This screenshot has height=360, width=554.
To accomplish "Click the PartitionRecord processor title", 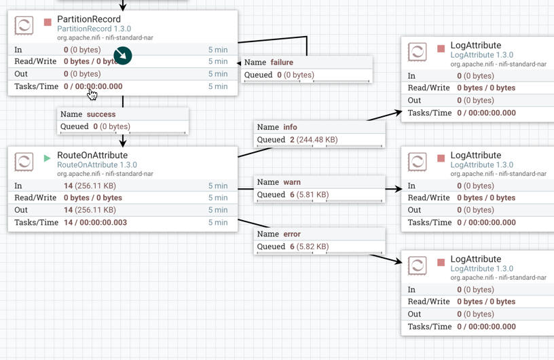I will [89, 19].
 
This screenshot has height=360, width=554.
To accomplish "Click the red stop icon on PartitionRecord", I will [48, 22].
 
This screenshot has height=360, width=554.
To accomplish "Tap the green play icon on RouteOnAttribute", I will [47, 158].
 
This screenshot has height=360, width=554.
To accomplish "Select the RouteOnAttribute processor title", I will [92, 155].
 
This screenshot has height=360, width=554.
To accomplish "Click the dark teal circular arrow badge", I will [123, 56].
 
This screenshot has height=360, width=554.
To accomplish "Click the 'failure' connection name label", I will [282, 62].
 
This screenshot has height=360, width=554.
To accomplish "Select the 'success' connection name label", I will [101, 114].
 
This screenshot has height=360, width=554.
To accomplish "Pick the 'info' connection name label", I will [290, 127].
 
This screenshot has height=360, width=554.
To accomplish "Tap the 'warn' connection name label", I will [292, 182].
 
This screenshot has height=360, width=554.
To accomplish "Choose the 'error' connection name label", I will [292, 234].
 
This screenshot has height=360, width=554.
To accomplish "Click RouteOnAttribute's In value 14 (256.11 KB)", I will [90, 185].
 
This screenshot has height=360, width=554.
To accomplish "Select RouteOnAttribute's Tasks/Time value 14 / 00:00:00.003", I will [95, 222].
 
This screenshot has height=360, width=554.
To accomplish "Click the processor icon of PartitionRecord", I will [24, 26].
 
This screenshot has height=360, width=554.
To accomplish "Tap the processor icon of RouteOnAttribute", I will [24, 162].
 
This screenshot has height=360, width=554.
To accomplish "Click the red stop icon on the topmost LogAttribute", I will [441, 49].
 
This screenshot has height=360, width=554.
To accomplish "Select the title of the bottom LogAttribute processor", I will [475, 259].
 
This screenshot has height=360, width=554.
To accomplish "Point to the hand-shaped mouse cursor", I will [92, 94].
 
